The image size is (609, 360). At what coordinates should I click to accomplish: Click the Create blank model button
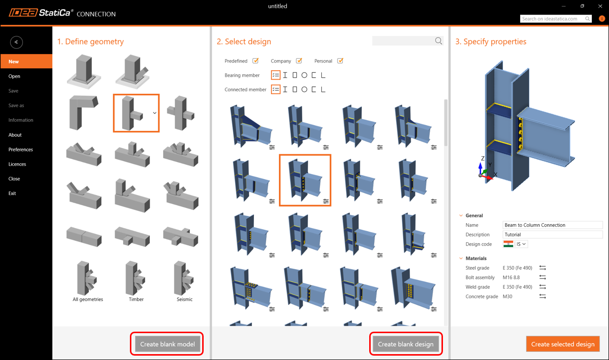[167, 344]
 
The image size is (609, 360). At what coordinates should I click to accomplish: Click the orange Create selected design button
[563, 344]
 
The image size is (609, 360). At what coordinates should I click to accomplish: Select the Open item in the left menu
[14, 76]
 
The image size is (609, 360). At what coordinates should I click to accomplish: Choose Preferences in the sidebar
[21, 149]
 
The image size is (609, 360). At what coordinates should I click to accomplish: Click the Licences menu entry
[17, 164]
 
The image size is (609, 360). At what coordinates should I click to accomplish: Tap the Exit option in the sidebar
[12, 193]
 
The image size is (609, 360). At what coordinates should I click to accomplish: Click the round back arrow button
[16, 42]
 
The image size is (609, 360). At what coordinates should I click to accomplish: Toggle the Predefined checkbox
[255, 61]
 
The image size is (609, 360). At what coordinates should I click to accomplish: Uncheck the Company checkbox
[299, 61]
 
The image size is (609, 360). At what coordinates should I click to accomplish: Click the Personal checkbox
[340, 61]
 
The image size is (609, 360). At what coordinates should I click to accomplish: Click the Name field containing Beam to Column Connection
[552, 225]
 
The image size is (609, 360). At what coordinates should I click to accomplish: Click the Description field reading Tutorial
[552, 234]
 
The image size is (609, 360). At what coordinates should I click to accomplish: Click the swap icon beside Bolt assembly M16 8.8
[543, 277]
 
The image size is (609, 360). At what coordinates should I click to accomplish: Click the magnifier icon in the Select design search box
[438, 41]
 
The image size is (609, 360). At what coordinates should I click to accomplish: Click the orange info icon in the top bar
[602, 19]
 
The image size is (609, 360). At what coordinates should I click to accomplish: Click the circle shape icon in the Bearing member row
[304, 75]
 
